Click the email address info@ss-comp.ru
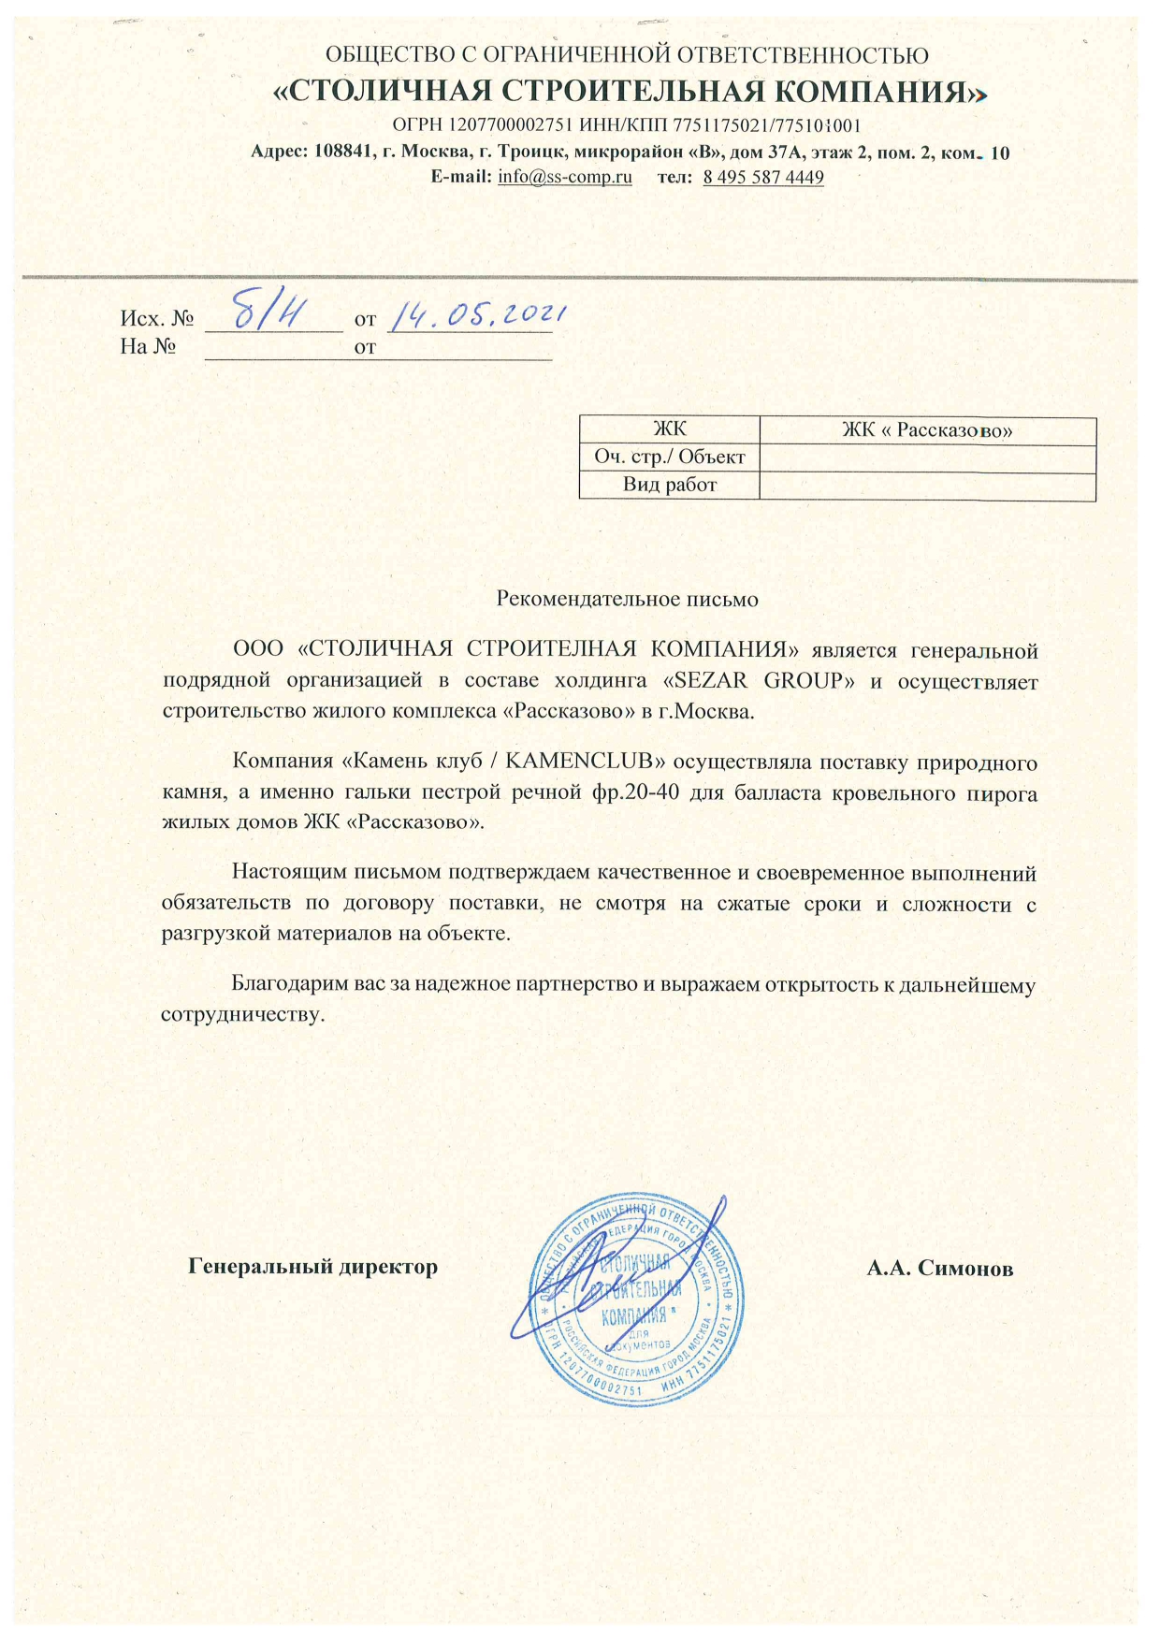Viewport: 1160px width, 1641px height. click(565, 177)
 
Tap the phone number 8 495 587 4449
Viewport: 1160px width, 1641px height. click(763, 177)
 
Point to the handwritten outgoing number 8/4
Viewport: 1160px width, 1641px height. click(267, 312)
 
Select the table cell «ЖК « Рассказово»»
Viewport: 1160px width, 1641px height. click(927, 430)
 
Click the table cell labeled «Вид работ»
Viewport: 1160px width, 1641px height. click(669, 485)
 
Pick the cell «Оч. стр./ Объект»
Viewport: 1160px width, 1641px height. click(669, 457)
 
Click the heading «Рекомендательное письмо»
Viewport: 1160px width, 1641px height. click(627, 599)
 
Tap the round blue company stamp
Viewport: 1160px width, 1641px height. click(636, 1300)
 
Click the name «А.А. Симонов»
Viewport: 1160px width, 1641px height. click(939, 1269)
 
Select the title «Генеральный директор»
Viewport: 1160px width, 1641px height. click(313, 1267)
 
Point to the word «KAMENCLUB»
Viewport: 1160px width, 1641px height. click(578, 762)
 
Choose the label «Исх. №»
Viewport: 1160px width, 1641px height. click(157, 320)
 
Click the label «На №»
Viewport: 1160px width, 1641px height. click(149, 347)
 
